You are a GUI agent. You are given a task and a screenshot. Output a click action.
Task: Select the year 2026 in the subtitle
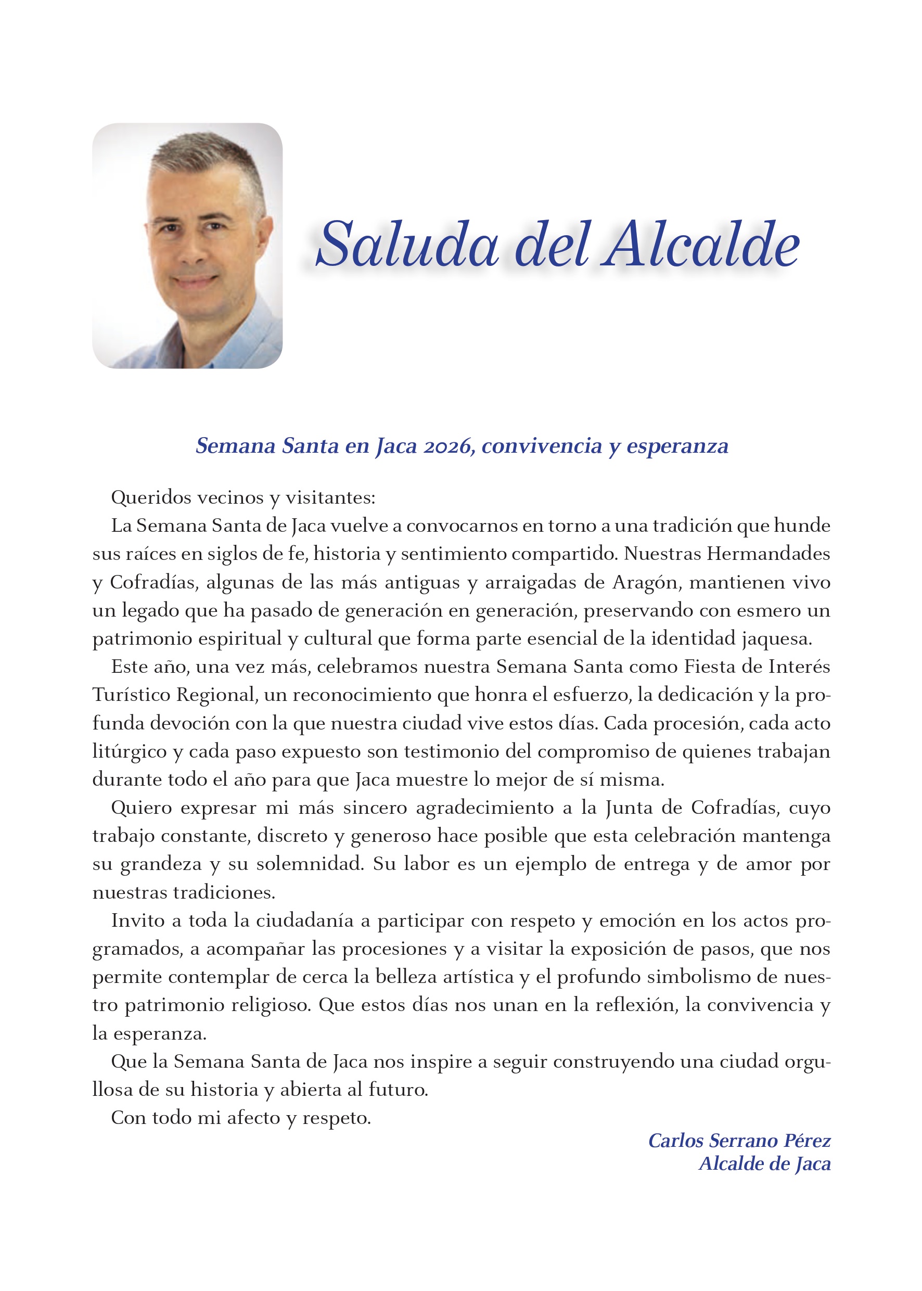[449, 446]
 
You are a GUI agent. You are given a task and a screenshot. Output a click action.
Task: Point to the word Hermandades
[768, 553]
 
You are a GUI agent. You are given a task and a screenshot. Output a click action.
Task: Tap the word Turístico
[131, 694]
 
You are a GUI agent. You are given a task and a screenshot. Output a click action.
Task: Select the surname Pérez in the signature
[808, 1141]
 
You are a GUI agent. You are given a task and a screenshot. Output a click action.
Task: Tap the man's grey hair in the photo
[210, 154]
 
